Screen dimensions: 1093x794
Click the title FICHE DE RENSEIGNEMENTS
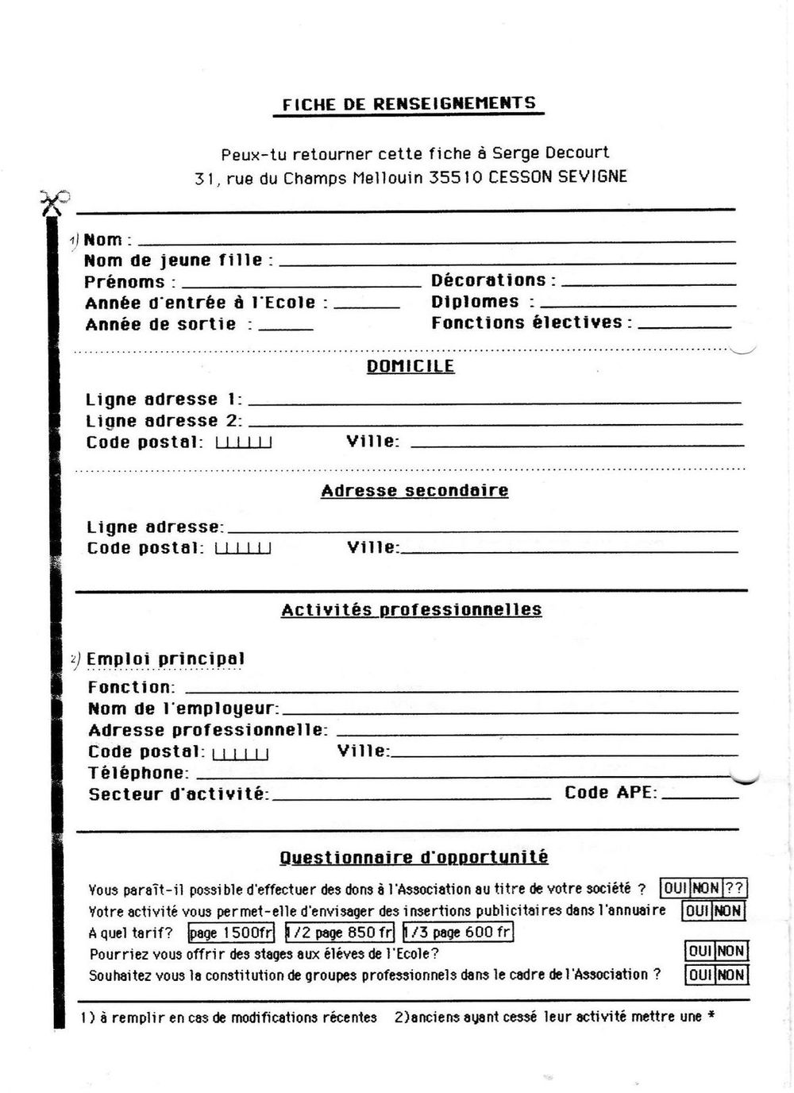point(409,104)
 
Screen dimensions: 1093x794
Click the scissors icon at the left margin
point(54,203)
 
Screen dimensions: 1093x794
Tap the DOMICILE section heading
point(410,366)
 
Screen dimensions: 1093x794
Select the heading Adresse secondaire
point(414,491)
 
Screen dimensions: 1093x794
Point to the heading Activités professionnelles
point(411,610)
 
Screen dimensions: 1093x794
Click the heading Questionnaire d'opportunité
point(414,857)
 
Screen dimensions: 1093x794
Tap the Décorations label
point(489,280)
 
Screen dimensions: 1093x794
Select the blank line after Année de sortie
point(286,328)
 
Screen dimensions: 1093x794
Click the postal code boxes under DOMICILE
point(244,442)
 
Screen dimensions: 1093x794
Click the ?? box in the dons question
point(734,889)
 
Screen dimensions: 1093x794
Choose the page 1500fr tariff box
point(231,933)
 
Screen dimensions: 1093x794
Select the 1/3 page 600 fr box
point(457,933)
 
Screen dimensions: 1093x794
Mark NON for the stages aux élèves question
point(730,951)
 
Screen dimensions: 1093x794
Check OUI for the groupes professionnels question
point(700,975)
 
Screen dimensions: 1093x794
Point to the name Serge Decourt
point(551,153)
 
